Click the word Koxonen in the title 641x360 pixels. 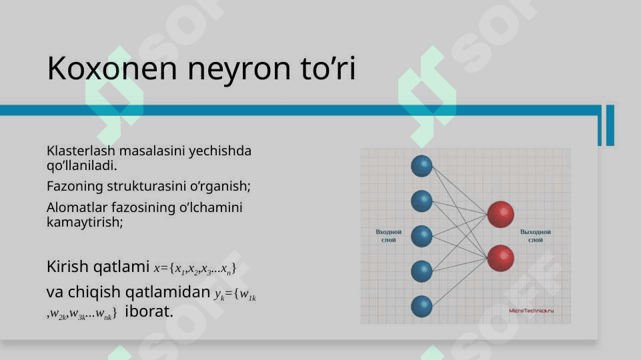pos(112,68)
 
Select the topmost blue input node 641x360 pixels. pos(422,166)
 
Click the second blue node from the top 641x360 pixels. pos(422,201)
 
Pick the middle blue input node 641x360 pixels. pos(422,236)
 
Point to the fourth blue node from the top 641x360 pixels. pos(422,271)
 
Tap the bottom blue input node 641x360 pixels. pos(422,307)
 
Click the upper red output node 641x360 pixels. pos(500,215)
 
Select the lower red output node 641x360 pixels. pos(500,258)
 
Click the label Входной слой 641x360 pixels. pos(388,236)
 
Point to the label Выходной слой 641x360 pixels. pos(535,236)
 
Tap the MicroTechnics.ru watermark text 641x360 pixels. pos(531,311)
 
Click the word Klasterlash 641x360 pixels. pos(81,151)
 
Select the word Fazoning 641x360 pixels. pos(75,187)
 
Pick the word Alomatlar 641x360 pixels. pos(77,207)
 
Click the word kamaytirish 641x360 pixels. pos(83,222)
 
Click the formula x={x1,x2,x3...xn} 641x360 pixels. pos(195,269)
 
